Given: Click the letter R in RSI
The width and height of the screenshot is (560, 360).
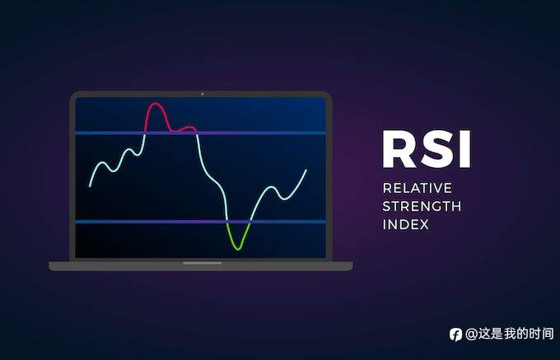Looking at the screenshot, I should [x=399, y=149].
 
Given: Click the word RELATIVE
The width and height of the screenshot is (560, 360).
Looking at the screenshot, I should [x=417, y=188].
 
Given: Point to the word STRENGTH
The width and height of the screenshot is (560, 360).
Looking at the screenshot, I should [x=422, y=206].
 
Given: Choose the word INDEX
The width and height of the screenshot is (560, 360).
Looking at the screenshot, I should [x=405, y=224].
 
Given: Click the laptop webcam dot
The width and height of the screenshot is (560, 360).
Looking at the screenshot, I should [x=202, y=94].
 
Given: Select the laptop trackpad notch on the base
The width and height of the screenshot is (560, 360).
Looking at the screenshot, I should [x=201, y=264].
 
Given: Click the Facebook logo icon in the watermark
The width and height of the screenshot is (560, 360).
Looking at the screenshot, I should [x=455, y=334].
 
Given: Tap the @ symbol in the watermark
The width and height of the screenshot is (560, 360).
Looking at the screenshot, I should [x=471, y=334].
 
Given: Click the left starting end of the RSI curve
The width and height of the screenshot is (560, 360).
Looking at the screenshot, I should [x=91, y=185].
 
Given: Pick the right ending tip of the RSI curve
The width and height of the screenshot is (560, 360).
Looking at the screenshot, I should [x=306, y=170].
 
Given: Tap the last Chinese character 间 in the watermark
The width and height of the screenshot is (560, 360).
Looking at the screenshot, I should [x=544, y=334].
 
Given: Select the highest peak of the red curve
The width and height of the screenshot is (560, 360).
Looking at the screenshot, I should [x=154, y=105].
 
